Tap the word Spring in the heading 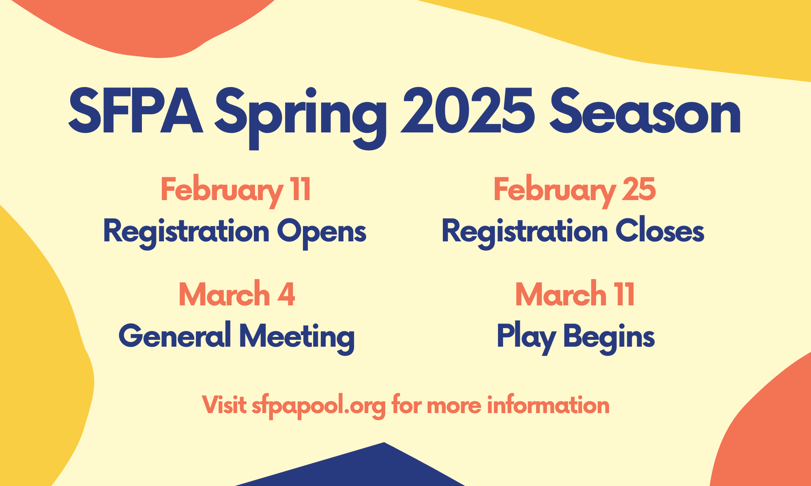[x=300, y=117]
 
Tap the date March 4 [x=237, y=294]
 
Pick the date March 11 [x=575, y=294]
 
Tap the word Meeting [x=297, y=337]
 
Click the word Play [x=526, y=337]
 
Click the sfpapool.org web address [x=318, y=406]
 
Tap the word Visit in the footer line [x=224, y=405]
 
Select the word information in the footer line [x=548, y=405]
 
